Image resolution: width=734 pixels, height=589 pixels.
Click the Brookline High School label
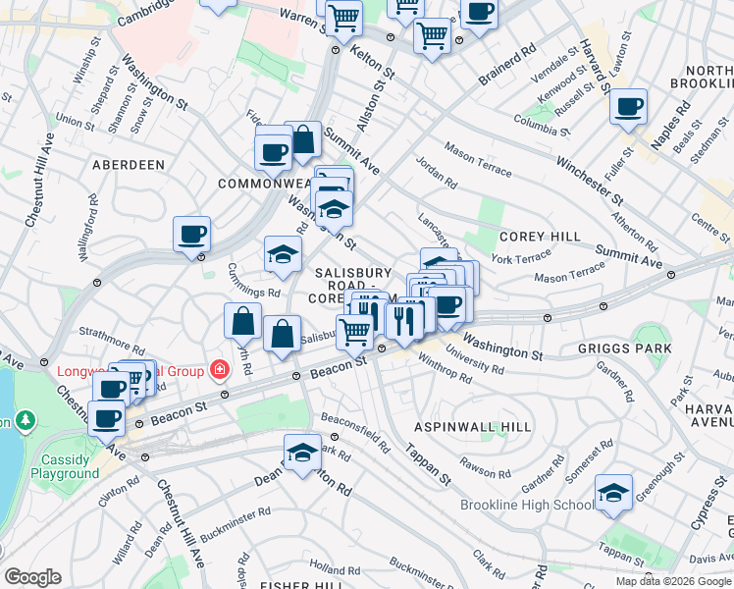point(526,505)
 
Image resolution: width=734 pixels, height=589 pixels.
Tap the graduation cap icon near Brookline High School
point(613,493)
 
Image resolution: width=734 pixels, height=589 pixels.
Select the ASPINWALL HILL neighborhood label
point(472,427)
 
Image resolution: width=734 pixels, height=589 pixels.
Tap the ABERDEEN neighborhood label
point(129,165)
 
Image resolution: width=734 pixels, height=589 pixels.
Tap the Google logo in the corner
point(32,577)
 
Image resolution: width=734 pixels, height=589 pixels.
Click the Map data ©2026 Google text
point(673,581)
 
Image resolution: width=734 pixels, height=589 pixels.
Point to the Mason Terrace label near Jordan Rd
point(478,159)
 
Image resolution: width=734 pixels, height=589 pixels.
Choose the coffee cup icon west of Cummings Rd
point(191,235)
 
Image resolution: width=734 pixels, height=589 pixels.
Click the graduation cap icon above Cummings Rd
point(282,254)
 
